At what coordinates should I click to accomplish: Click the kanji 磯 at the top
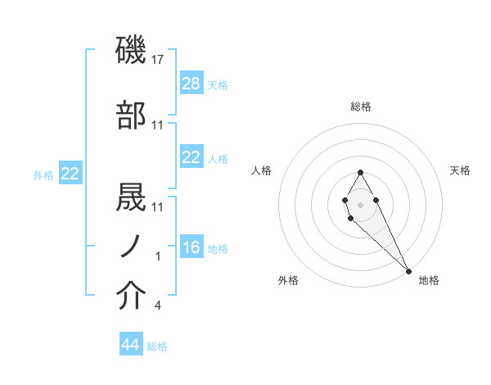pos(132,51)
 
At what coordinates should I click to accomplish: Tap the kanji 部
pos(132,116)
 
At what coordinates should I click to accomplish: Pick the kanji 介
pos(132,297)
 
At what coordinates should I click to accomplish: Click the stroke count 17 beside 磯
pos(158,60)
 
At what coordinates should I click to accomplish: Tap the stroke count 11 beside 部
pos(158,125)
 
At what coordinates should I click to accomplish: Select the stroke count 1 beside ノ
pos(158,256)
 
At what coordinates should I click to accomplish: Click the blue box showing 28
pos(191,84)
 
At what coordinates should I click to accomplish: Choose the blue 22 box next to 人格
pos(191,157)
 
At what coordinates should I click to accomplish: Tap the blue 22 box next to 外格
pos(70,174)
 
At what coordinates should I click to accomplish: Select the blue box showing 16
pos(191,247)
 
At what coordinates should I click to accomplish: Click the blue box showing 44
pos(131,345)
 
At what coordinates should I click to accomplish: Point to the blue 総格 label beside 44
pos(157,346)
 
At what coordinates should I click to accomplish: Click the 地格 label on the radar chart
pos(429,281)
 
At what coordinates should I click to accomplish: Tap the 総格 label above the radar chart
pos(361,106)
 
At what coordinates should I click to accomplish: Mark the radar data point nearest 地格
pos(408,270)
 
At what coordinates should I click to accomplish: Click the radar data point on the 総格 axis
pos(360,172)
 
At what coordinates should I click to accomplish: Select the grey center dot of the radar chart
pos(360,203)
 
